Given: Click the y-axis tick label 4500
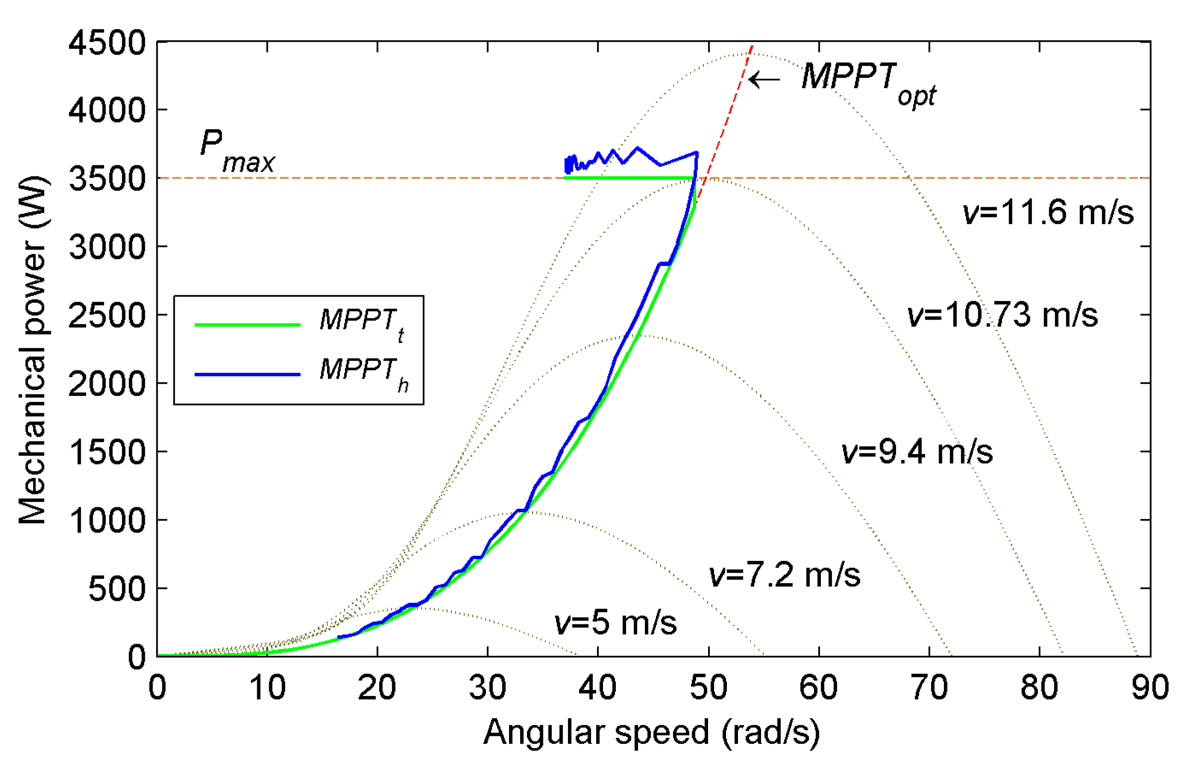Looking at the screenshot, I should pos(107,43).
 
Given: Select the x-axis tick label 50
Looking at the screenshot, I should pos(708,688).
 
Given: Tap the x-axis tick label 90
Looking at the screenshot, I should pos(1150,688).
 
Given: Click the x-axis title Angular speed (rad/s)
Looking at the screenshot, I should pos(651,733).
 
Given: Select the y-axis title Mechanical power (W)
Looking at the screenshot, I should pos(32,350).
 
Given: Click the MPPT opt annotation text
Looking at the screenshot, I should pos(867,82).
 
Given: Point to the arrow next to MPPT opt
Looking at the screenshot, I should pos(764,79).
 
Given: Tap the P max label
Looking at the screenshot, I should pos(236,151).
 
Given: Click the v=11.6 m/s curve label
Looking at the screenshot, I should pos(1048,212).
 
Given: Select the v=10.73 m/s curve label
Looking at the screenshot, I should pos(1001,315).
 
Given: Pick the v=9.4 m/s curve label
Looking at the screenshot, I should pos(916,452).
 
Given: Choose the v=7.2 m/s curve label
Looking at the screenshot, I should pos(785,575).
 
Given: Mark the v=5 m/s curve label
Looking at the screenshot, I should pos(615,623).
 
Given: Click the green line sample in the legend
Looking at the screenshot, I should pos(247,325).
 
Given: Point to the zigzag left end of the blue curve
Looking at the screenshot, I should pos(568,165).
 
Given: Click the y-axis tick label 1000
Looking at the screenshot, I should pos(107,520).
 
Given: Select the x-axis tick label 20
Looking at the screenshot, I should pos(377,688).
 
